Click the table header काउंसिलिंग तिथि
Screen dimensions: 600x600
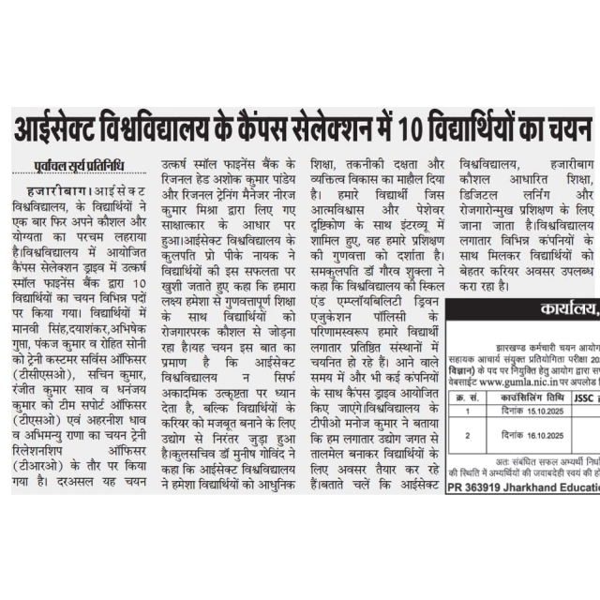(x=512, y=397)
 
